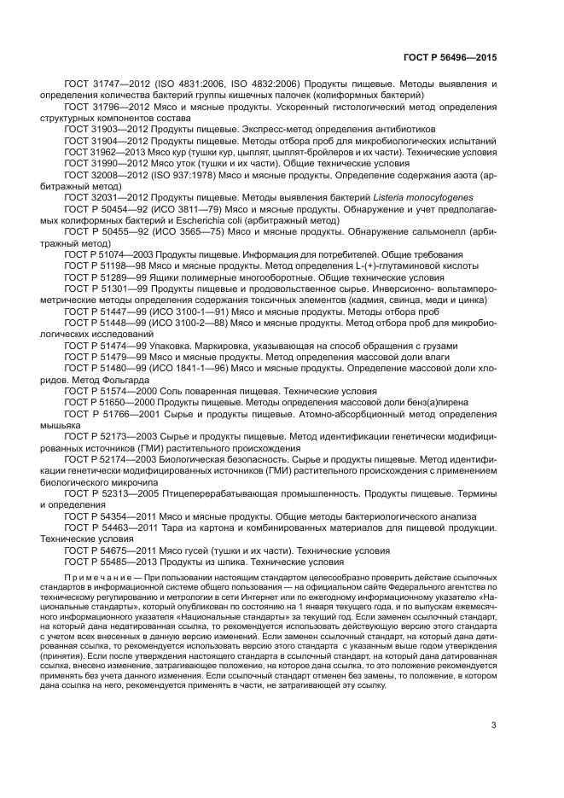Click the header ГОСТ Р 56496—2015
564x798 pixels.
click(x=449, y=58)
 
